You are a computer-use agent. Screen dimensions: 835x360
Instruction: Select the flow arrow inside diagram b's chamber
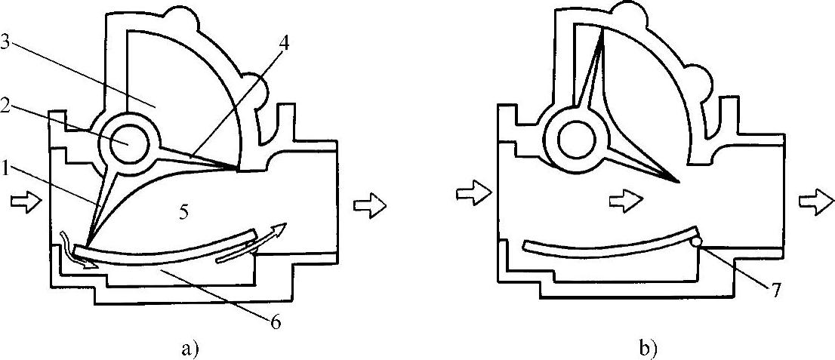point(626,198)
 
